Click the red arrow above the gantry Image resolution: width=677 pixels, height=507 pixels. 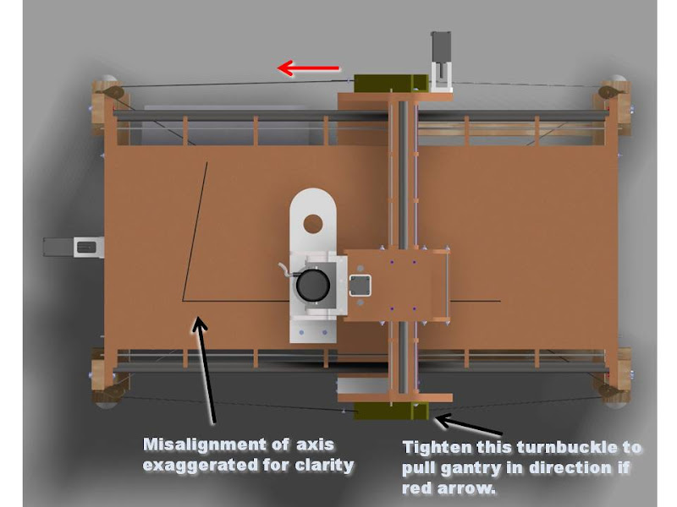coord(308,68)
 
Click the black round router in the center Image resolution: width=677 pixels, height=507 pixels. coord(313,285)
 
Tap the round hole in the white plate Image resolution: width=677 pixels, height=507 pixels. coord(313,224)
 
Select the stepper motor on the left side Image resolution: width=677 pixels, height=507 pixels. coord(74,247)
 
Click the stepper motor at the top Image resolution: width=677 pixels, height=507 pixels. coord(441,61)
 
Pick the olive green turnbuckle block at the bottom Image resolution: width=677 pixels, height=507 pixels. coord(391,411)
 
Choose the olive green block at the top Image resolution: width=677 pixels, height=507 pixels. coord(391,83)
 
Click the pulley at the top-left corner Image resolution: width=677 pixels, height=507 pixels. coord(114,92)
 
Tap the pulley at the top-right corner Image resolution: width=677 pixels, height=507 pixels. coord(607,92)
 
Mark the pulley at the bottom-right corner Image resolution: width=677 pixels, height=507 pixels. coord(608,392)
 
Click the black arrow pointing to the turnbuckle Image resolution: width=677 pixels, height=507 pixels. coord(469,424)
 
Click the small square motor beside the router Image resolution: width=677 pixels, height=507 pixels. coord(360,285)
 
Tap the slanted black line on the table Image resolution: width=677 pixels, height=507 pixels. coord(195,231)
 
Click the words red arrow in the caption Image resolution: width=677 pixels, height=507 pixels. coord(449,489)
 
